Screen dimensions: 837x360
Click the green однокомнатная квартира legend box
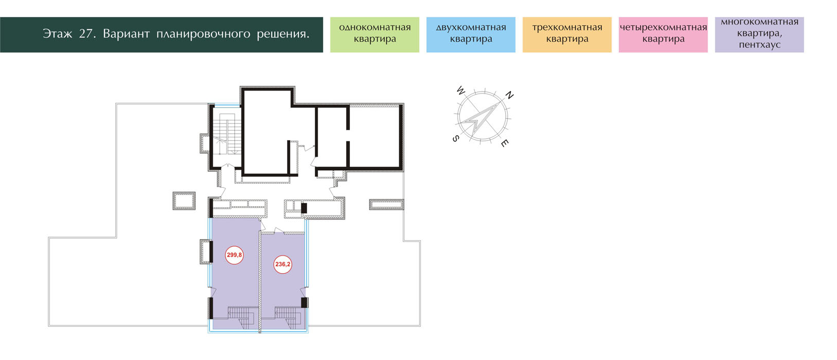(x=375, y=34)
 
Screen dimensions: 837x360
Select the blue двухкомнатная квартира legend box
(x=471, y=34)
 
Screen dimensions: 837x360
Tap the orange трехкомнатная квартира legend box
(x=567, y=34)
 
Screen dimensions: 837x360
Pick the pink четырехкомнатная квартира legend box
(x=663, y=34)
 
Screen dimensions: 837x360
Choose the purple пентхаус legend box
(x=759, y=34)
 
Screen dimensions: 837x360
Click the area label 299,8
(x=234, y=255)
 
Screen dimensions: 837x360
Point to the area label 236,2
(x=282, y=264)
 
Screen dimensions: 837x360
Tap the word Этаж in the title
(x=57, y=34)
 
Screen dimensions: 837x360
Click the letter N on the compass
(x=509, y=95)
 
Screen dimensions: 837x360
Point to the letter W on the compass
(x=461, y=91)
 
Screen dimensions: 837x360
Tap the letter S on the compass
(x=455, y=138)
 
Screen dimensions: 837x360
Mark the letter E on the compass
(x=504, y=143)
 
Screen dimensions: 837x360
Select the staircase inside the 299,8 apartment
(x=243, y=317)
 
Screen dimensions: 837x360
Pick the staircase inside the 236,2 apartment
(x=288, y=317)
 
